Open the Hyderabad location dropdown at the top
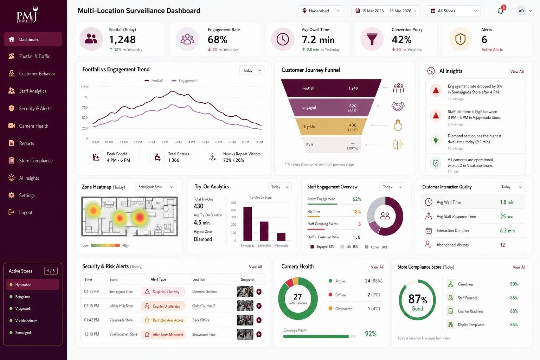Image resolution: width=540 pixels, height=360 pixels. point(321,11)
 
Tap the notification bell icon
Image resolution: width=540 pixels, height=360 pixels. point(501,11)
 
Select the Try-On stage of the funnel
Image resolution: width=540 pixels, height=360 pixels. point(331,126)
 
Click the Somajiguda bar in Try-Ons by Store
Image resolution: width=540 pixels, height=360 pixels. point(247,224)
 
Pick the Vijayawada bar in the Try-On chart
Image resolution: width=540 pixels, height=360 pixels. point(281,237)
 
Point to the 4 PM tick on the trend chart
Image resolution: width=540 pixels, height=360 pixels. point(192,142)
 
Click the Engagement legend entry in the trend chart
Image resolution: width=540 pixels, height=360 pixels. point(185,81)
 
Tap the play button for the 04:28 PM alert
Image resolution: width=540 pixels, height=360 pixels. point(259,292)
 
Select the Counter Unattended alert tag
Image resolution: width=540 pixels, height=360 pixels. point(163,306)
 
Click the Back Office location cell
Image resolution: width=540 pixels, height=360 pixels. point(201,320)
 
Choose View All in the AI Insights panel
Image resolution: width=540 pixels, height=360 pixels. point(516,71)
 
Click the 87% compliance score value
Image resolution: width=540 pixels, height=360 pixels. point(418,299)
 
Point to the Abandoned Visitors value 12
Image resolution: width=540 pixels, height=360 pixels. point(502,245)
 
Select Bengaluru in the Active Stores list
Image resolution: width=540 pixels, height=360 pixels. point(22,297)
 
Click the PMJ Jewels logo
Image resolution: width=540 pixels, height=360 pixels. point(27,14)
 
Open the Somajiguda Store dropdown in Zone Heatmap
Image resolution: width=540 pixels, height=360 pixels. point(155,187)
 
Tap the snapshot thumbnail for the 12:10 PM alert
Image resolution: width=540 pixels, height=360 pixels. point(245,334)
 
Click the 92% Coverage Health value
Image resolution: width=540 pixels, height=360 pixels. point(371,334)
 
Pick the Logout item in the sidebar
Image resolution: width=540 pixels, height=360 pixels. point(26,212)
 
